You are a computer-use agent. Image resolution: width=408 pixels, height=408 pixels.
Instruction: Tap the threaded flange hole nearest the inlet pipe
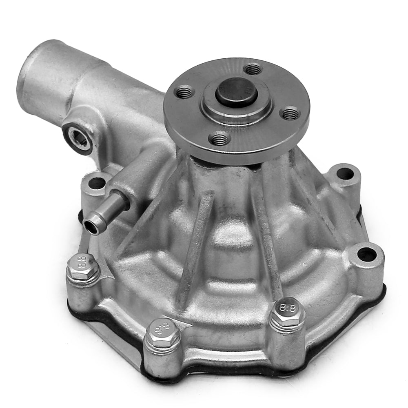(x=184, y=92)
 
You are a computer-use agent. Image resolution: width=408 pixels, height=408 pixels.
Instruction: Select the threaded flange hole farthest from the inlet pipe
(x=291, y=113)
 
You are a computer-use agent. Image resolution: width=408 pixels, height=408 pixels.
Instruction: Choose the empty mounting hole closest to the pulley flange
(x=345, y=173)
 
